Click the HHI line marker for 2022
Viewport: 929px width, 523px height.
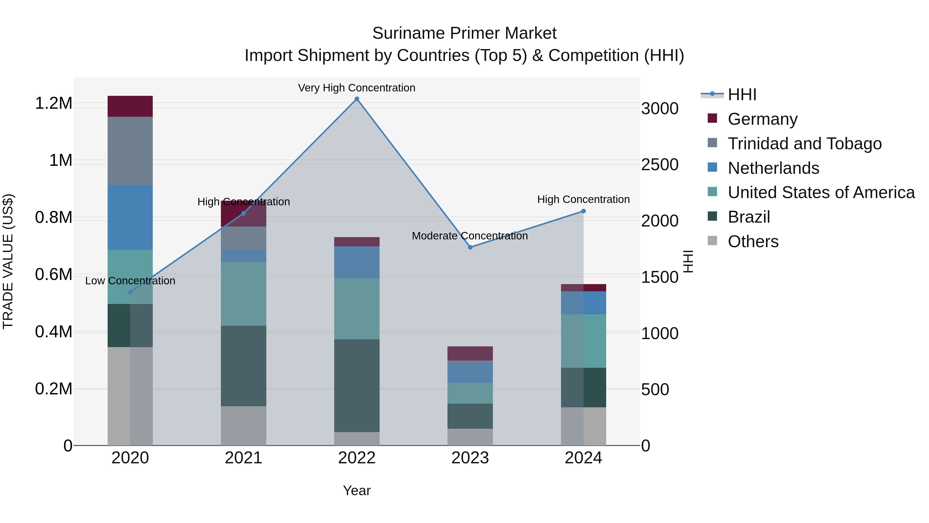(357, 99)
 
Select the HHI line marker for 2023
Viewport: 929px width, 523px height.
(470, 247)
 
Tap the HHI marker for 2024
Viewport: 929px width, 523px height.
(583, 211)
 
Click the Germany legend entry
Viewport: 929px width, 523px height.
(762, 119)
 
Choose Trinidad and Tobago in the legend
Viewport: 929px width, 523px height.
(804, 144)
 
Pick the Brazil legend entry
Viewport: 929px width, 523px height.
(749, 217)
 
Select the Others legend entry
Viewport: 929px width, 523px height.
(753, 241)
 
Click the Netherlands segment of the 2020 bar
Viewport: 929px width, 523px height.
(130, 218)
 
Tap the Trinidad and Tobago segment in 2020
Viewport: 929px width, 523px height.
(130, 151)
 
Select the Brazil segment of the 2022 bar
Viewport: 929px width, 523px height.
(357, 386)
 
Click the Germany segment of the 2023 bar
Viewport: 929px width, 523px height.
(470, 353)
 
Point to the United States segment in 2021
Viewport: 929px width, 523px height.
(243, 294)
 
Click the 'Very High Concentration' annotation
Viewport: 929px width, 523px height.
(357, 88)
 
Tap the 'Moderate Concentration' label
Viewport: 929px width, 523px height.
(470, 236)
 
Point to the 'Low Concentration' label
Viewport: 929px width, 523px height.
(130, 280)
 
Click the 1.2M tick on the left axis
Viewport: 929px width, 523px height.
(53, 103)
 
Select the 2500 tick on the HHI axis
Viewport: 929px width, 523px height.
(660, 165)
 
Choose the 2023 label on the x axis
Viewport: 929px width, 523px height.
(470, 458)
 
